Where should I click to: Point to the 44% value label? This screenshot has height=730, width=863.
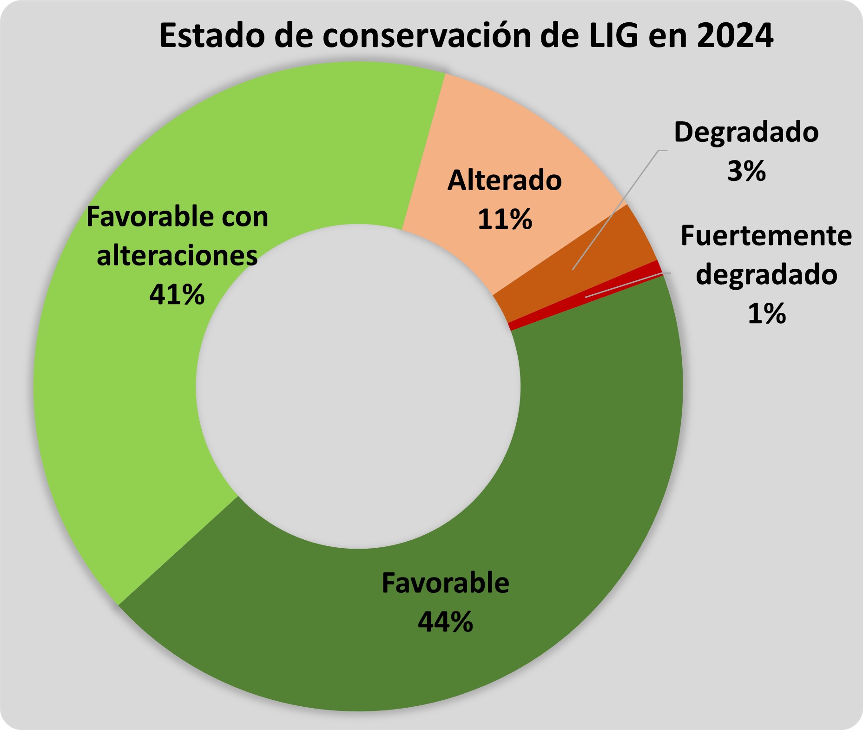point(445,622)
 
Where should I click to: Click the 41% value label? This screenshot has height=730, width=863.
point(177,294)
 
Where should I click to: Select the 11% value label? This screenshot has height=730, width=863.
point(505,219)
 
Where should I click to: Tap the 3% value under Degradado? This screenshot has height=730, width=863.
point(746,171)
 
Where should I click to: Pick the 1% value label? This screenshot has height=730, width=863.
point(766,313)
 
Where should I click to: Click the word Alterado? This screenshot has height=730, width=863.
point(505,180)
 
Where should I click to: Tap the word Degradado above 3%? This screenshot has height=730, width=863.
point(746,133)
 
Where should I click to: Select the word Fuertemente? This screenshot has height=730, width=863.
point(766,236)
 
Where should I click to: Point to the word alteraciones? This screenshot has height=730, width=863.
point(177,256)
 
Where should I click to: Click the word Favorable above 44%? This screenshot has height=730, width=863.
point(445,583)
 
